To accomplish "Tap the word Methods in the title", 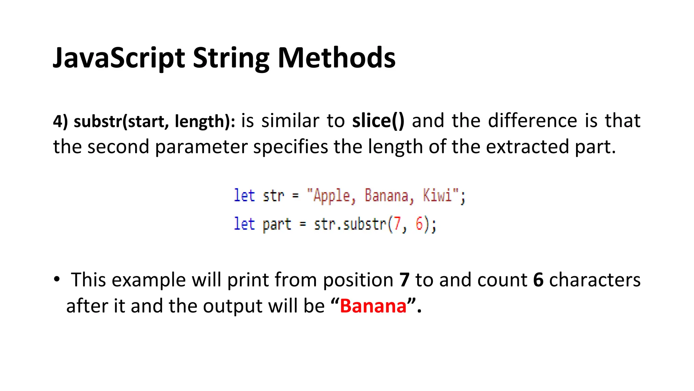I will click(336, 58).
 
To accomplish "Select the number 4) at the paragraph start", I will click(60, 121).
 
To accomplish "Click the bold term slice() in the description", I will click(378, 121).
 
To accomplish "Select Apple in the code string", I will click(331, 196).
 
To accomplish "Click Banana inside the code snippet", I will click(386, 195).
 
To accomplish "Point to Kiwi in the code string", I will click(437, 195).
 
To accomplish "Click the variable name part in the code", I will click(277, 224).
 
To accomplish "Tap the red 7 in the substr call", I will click(397, 224).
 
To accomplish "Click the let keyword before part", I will click(244, 224).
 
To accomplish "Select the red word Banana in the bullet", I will click(373, 306).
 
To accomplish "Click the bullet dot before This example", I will click(57, 279).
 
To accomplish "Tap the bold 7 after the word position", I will click(404, 280).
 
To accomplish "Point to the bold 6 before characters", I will click(538, 280).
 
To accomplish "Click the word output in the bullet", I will click(232, 306).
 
